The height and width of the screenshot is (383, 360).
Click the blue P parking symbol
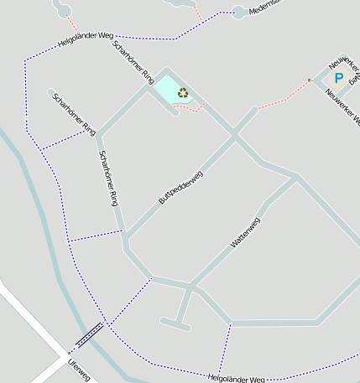pos(339,78)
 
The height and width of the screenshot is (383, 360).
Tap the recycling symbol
pos(183,93)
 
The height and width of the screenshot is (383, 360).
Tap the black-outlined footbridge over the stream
pos(90,334)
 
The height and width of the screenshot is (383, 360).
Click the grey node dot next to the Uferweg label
pos(69,354)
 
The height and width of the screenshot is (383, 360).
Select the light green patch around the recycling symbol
pos(170,90)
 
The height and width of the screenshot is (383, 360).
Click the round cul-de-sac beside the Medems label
pos(239,13)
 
